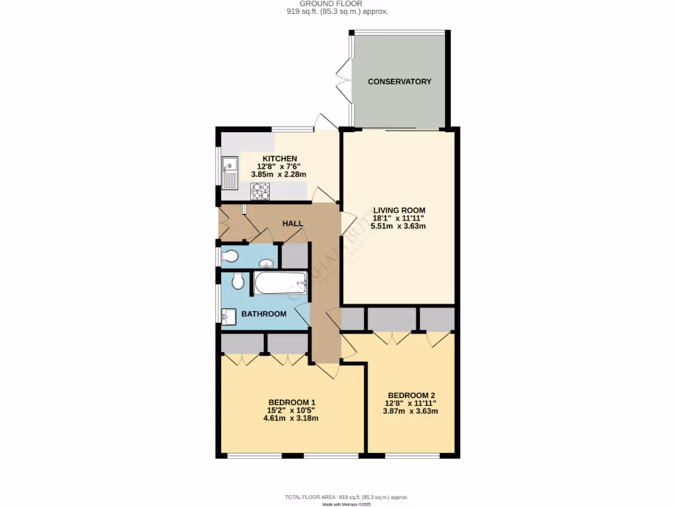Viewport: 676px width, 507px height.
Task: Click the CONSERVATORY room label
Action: [399, 82]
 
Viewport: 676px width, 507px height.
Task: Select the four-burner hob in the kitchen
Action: [260, 191]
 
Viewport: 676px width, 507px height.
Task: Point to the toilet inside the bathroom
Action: [238, 282]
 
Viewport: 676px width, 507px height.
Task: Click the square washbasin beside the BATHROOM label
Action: [229, 317]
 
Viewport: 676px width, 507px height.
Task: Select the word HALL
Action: [292, 224]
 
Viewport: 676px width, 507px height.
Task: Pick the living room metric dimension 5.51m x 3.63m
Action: [398, 226]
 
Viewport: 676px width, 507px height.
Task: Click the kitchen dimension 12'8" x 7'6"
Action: [275, 166]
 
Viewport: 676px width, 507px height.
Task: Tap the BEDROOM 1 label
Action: [292, 403]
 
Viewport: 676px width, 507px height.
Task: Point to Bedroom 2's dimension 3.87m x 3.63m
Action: [411, 411]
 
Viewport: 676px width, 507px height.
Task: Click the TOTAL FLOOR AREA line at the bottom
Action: [347, 497]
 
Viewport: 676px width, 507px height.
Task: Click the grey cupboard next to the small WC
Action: [295, 256]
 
